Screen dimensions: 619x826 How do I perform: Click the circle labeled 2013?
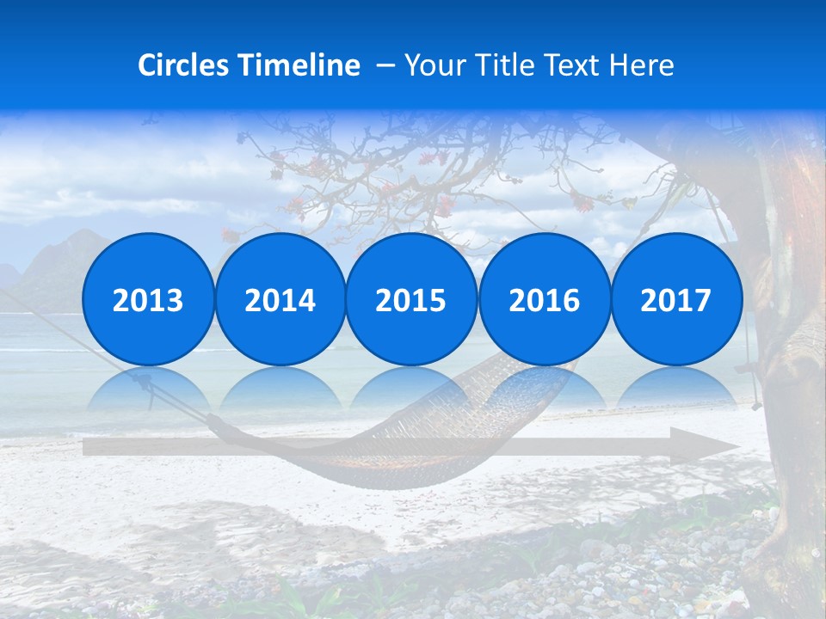(x=148, y=300)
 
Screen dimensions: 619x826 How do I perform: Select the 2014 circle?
(x=280, y=300)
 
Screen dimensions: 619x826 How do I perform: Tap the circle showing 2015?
(x=411, y=300)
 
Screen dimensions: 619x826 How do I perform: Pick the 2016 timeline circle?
(x=544, y=300)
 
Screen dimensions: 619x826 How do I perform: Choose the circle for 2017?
(x=675, y=300)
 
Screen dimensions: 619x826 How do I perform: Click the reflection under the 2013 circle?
(x=148, y=387)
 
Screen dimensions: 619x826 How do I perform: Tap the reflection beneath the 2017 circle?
(x=675, y=387)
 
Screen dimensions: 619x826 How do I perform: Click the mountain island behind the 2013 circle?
(x=52, y=267)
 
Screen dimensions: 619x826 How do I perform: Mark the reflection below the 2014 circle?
(x=280, y=387)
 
